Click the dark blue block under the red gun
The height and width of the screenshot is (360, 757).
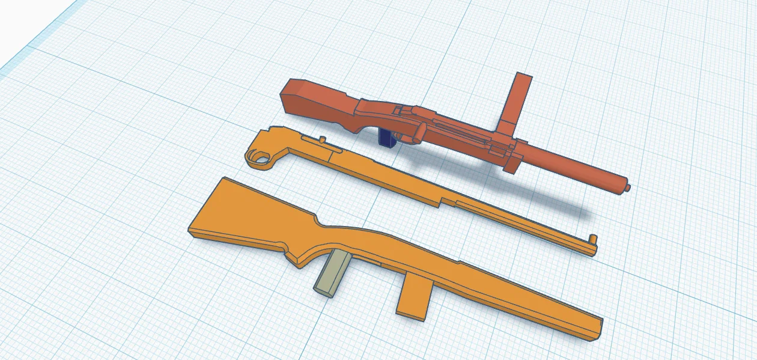[x=385, y=139]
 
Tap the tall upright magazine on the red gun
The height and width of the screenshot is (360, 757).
[x=515, y=102]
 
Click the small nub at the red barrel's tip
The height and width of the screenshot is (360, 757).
[x=628, y=188]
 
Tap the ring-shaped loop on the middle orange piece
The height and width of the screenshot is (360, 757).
[x=259, y=157]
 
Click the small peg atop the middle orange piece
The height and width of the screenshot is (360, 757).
[x=323, y=139]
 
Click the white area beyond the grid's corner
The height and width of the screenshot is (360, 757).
[x=24, y=24]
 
